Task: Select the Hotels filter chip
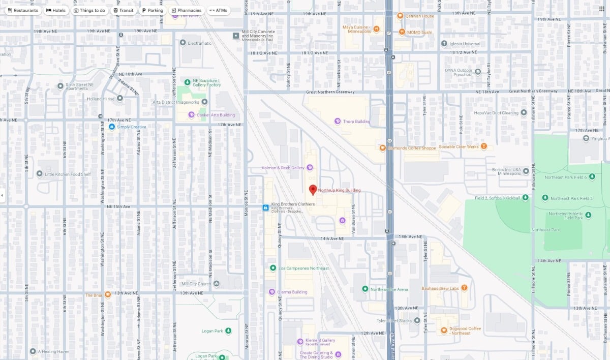click(x=56, y=10)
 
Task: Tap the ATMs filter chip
click(x=218, y=10)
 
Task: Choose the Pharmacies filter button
click(x=186, y=10)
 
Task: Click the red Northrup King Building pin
click(x=313, y=190)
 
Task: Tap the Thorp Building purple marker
click(x=337, y=121)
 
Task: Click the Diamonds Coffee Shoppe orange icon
click(x=382, y=148)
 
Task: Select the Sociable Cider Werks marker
click(x=484, y=146)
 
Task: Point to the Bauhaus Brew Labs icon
click(x=464, y=288)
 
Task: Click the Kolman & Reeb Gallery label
click(x=283, y=168)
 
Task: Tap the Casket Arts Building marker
click(x=191, y=115)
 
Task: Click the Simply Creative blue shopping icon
click(x=111, y=127)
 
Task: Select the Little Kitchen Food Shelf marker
click(x=39, y=174)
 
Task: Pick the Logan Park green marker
click(x=228, y=331)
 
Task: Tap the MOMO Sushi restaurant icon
click(x=402, y=32)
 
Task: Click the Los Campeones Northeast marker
click(x=273, y=268)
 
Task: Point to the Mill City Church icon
click(x=217, y=284)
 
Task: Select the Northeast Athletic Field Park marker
click(x=588, y=215)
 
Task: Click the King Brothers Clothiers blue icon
click(x=265, y=207)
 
